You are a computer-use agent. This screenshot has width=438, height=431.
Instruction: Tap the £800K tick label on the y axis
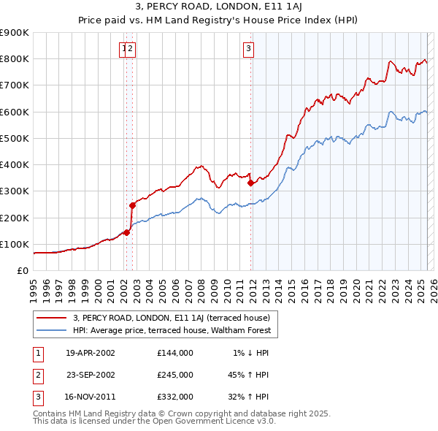click(x=15, y=59)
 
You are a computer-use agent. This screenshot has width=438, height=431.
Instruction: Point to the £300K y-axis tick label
click(x=15, y=191)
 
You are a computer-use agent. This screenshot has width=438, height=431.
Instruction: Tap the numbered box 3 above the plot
click(x=249, y=49)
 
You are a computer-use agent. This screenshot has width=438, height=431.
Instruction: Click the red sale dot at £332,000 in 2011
click(x=250, y=183)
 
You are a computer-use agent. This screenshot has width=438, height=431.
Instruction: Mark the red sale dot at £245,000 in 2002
click(x=132, y=205)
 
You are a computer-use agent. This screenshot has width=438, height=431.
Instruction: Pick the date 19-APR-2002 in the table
click(x=90, y=353)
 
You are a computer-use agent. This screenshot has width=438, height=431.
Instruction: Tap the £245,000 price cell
click(x=174, y=375)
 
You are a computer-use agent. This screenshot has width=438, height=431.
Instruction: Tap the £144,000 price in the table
click(x=174, y=353)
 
